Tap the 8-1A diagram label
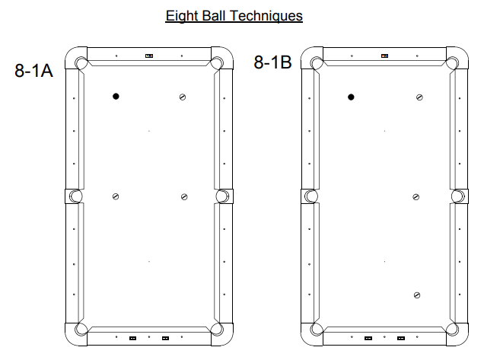coord(33,70)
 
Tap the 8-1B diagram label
coord(272,62)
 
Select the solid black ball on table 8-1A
coord(116,97)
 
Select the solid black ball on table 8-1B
coord(351,97)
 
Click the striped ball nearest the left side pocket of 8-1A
coord(116,196)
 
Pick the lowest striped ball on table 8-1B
coord(417,295)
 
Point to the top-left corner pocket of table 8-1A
coord(81,63)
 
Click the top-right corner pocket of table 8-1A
coord(217,63)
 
